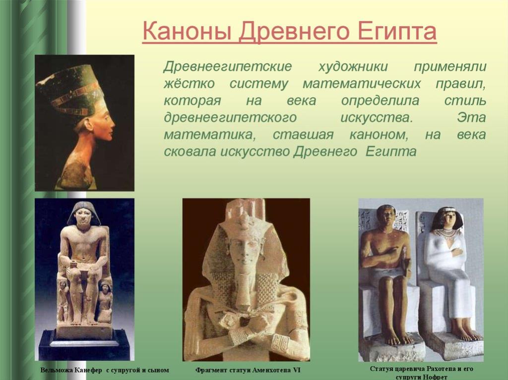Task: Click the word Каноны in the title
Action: click(x=187, y=31)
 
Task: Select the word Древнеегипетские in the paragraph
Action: click(x=227, y=67)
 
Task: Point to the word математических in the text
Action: click(x=362, y=84)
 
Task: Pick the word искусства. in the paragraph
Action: click(x=377, y=117)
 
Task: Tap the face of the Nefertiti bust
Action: click(x=104, y=123)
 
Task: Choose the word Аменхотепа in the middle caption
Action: click(x=271, y=370)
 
